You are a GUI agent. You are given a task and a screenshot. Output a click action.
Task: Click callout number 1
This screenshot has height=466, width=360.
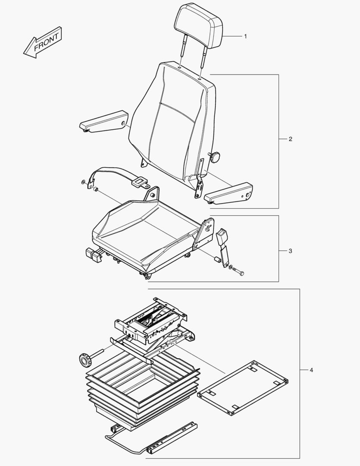(245, 36)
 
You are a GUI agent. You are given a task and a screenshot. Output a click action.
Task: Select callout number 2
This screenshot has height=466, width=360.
(290, 139)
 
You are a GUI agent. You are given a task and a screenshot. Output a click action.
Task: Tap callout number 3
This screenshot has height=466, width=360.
(290, 251)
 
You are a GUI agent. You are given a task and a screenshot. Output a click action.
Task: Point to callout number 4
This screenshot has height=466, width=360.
(311, 370)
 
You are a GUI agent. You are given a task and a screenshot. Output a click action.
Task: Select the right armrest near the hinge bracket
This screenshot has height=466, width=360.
(228, 193)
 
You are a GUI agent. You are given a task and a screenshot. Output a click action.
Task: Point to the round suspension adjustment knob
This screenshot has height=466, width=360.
(85, 359)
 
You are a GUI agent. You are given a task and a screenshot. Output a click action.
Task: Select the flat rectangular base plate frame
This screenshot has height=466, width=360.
(243, 387)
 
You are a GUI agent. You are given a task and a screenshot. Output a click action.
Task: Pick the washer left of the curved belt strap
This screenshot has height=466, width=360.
(82, 182)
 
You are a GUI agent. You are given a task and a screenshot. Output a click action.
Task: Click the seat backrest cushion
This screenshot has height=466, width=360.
(172, 121)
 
